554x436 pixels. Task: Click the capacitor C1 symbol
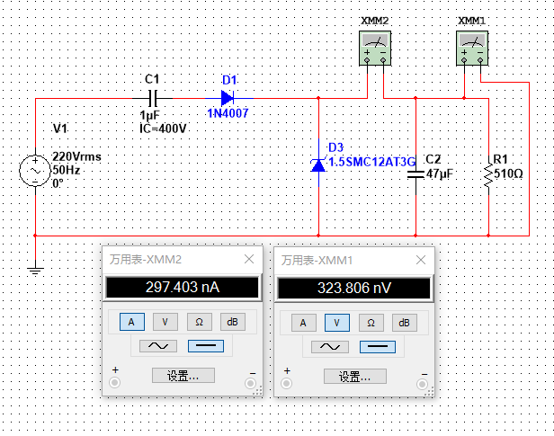151,97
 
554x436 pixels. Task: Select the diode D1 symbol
227,97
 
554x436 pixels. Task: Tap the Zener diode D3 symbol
319,164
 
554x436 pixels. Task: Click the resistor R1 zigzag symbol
487,174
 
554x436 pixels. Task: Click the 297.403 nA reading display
183,288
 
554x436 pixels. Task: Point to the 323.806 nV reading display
353,288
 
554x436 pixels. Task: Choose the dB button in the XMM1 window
405,322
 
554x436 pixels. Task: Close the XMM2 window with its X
249,259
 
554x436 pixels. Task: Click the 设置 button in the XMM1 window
353,376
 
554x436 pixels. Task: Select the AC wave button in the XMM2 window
151,346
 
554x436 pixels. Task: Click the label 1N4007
228,114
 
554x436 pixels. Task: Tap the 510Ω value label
508,173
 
